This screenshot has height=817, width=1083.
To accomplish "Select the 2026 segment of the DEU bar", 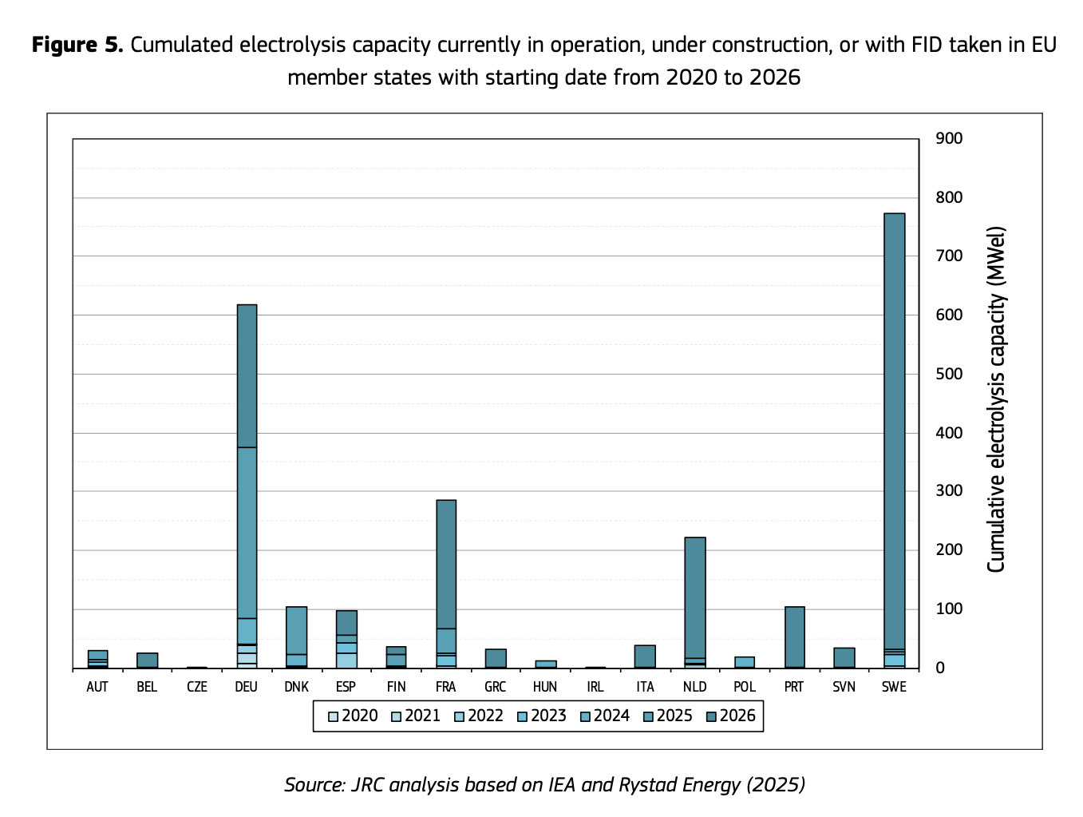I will click(x=247, y=375).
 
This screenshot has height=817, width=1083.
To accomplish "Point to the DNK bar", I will click(x=296, y=631).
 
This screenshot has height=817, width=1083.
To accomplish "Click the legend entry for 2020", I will click(x=352, y=716).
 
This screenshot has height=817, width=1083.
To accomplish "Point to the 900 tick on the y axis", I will click(x=950, y=139).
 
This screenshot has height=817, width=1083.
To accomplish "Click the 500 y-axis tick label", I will click(x=950, y=375).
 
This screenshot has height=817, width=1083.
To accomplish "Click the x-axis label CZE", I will click(x=196, y=687).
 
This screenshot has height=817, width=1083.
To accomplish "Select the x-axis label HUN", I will click(x=545, y=687).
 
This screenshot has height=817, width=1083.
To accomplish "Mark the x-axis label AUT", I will click(x=97, y=687).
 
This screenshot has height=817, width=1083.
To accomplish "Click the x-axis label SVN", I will click(x=844, y=687).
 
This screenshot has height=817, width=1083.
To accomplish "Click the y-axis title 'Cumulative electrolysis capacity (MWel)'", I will click(x=996, y=399).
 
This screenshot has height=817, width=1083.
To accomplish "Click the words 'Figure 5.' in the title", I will click(x=77, y=45).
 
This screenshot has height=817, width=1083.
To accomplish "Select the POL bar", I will click(x=745, y=662).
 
